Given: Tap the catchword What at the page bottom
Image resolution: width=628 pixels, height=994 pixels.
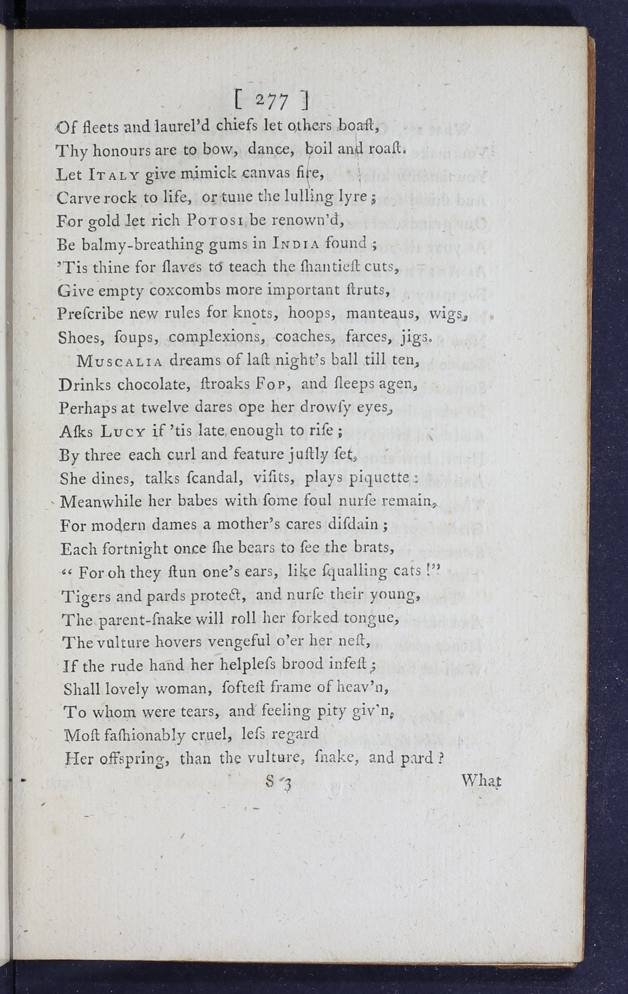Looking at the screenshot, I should click(x=481, y=781).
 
